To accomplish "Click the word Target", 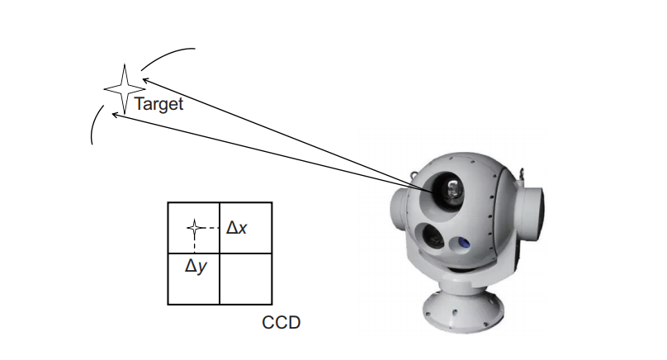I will point(158,105).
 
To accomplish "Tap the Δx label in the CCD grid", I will point(237,227).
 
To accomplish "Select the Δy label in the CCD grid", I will point(194,266).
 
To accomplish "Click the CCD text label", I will point(281,322).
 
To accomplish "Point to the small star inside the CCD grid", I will point(194,227).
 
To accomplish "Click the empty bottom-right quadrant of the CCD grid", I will point(245,278).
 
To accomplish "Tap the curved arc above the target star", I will point(165,56).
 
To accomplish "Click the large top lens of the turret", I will point(449,189).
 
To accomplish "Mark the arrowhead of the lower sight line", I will point(116,115).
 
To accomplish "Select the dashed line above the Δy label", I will point(194,244).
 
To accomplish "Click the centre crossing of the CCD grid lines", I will point(220,253).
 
